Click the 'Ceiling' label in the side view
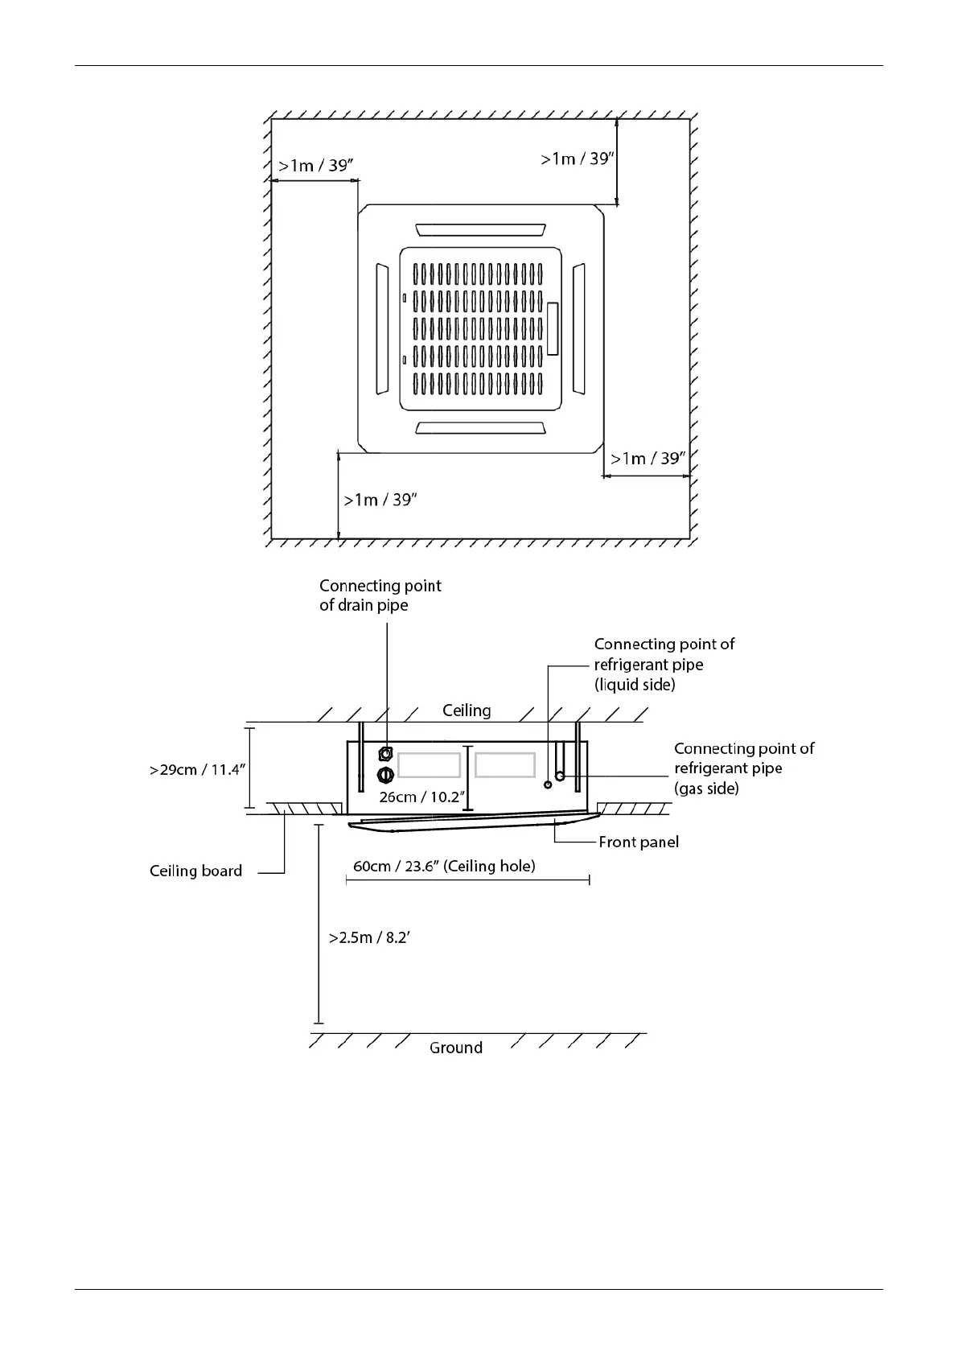[x=467, y=710]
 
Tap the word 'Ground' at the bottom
[x=455, y=1048]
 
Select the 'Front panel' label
[x=639, y=842]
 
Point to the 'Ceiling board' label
[x=195, y=871]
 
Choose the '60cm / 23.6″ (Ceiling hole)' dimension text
[x=444, y=867]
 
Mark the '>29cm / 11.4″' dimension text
[x=197, y=770]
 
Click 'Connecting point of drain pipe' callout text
[x=380, y=595]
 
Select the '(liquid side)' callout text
[x=635, y=685]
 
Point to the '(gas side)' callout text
[x=706, y=789]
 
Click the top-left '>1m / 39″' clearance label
[x=315, y=166]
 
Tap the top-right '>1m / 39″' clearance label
[x=578, y=159]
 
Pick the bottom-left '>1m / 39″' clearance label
[x=380, y=500]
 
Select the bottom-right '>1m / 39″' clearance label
[x=648, y=459]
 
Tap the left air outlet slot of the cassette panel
[x=381, y=329]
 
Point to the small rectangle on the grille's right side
[x=553, y=329]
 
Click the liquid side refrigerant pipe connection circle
[x=548, y=785]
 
